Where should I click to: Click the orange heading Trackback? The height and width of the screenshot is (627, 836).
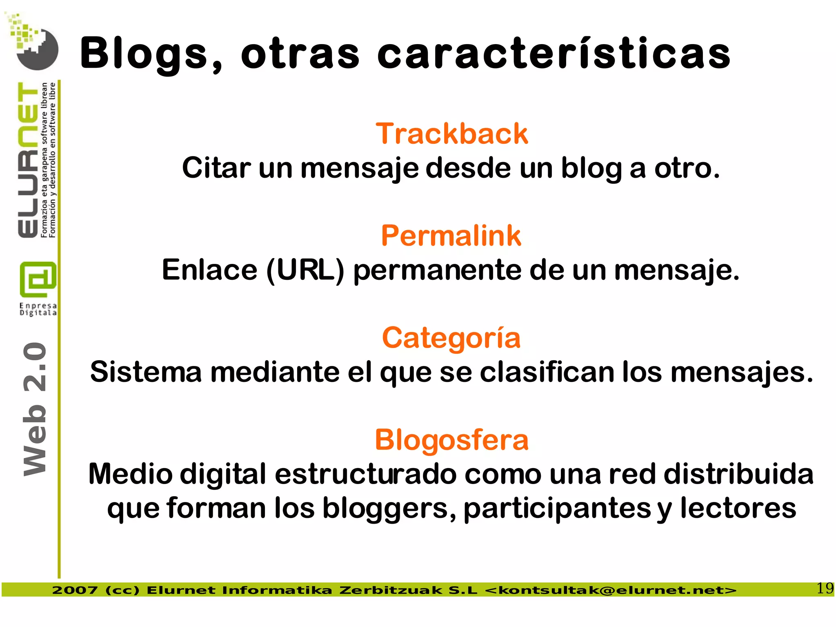tap(451, 134)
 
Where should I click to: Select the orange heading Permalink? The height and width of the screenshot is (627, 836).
tap(451, 236)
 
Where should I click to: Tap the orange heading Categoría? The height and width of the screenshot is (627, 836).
tap(451, 338)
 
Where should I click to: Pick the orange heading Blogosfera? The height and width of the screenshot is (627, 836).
tap(451, 440)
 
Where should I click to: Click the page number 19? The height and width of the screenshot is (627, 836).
tap(825, 589)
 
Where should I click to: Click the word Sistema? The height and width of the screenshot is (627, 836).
tap(146, 373)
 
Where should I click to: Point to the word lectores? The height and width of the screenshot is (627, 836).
tap(738, 509)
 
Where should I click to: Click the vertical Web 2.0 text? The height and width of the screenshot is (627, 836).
tap(35, 408)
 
